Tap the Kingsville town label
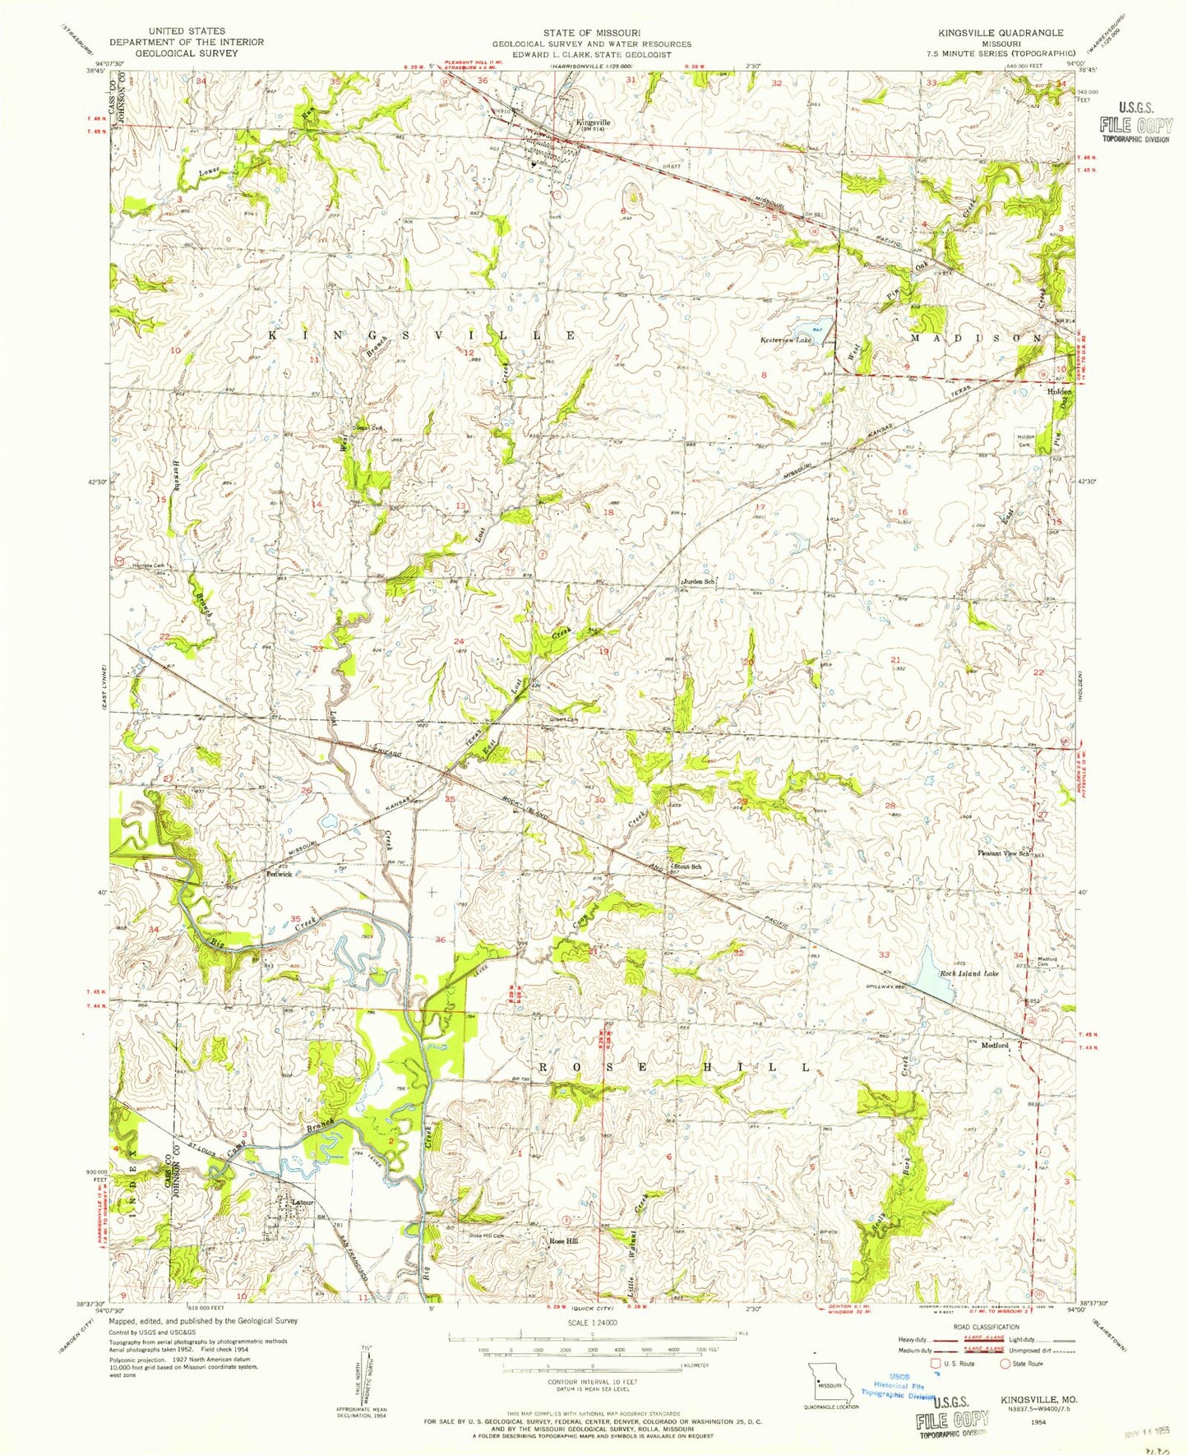tap(592, 122)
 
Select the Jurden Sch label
tap(698, 581)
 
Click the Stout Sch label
tap(687, 866)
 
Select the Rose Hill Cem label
tap(486, 1236)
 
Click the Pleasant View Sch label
tap(1004, 854)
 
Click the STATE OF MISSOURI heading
tap(592, 33)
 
